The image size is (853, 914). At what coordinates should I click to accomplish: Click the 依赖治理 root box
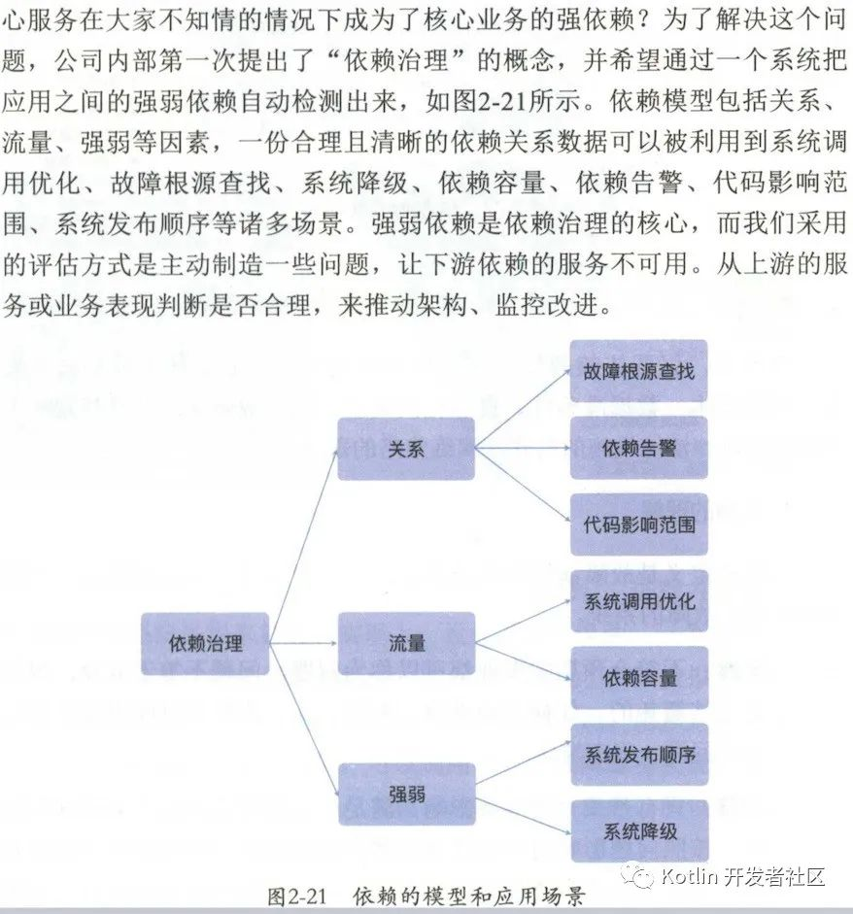(x=205, y=643)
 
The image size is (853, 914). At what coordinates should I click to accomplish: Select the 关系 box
(x=406, y=449)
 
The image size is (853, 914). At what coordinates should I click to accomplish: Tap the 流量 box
(x=406, y=643)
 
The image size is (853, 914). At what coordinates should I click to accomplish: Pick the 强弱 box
(x=406, y=795)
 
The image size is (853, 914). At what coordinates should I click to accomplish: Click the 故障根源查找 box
(x=638, y=371)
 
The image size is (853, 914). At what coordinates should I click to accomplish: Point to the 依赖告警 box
(x=638, y=448)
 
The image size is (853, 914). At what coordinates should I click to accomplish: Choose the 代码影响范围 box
(x=638, y=525)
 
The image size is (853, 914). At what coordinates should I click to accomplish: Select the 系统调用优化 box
(x=638, y=600)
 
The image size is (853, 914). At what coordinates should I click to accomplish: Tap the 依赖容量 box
(x=638, y=677)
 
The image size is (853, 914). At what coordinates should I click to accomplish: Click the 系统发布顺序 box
(x=638, y=754)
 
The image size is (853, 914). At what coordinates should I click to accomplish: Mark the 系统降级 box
(x=638, y=830)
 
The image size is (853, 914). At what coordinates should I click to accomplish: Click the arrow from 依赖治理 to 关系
(x=303, y=545)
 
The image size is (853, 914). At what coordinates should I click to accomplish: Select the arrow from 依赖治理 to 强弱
(x=303, y=719)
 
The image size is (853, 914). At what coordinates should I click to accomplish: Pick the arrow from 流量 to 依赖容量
(x=522, y=660)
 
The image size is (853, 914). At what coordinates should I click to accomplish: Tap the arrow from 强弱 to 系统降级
(x=522, y=813)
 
